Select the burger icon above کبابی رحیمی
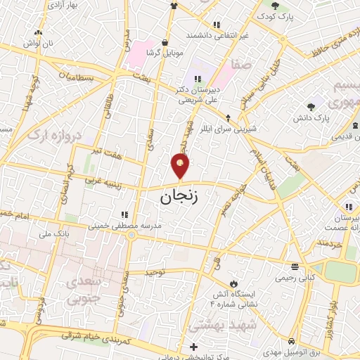[293, 266]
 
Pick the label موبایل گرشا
[165, 52]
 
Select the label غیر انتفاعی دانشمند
[217, 34]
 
